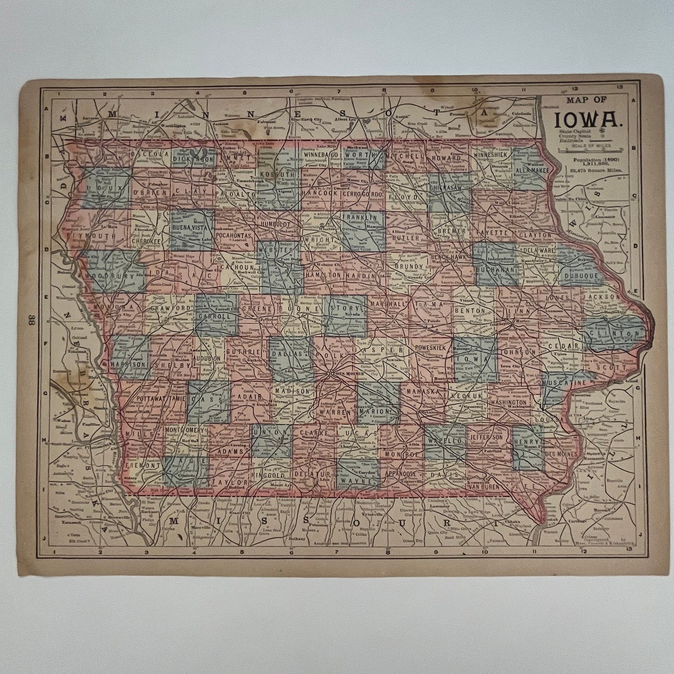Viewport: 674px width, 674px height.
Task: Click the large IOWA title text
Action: pyautogui.click(x=587, y=119)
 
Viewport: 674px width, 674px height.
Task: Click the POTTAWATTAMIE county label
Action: pyautogui.click(x=161, y=399)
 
